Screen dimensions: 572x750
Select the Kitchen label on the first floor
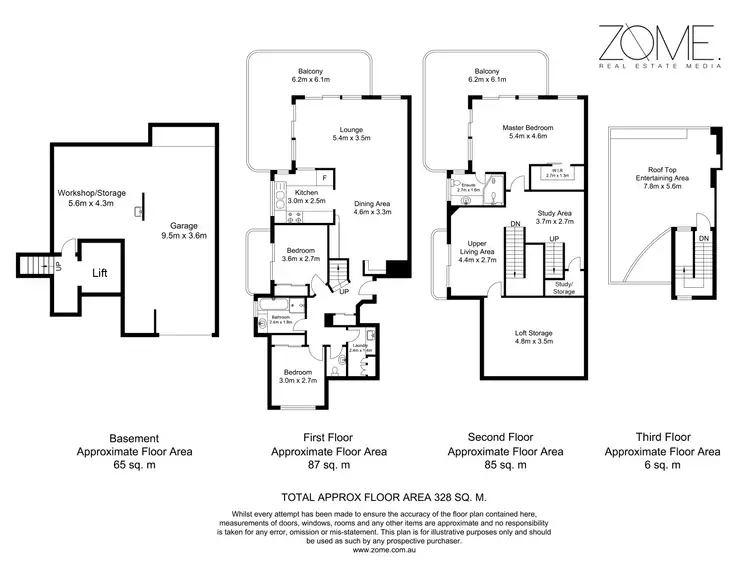point(306,195)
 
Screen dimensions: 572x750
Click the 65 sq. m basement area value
point(134,466)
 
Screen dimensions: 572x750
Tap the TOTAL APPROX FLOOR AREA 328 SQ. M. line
point(374,495)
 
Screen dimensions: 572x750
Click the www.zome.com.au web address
point(374,549)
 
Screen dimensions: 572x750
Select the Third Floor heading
point(662,438)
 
